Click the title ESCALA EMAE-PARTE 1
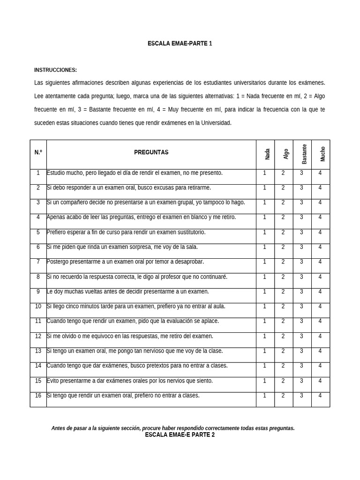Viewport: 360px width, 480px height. [x=180, y=44]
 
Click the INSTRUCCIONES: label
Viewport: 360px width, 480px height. [x=55, y=70]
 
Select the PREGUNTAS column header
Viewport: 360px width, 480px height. [x=151, y=152]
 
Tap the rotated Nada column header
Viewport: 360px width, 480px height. [x=267, y=154]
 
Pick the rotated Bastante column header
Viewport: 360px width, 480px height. [x=304, y=154]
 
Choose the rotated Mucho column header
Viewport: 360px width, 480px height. [x=322, y=154]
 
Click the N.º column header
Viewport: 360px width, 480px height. [x=38, y=152]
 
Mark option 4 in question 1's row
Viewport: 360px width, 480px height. [x=320, y=173]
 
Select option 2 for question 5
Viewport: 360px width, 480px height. [x=283, y=232]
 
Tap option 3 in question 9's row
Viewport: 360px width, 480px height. [x=301, y=292]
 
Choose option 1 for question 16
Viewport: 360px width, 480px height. [x=264, y=396]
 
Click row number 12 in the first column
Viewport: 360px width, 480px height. [x=38, y=336]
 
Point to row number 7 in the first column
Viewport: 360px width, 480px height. [x=38, y=262]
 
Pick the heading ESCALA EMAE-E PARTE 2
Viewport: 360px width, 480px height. [x=180, y=435]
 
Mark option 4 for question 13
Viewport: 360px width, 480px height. [x=320, y=351]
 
